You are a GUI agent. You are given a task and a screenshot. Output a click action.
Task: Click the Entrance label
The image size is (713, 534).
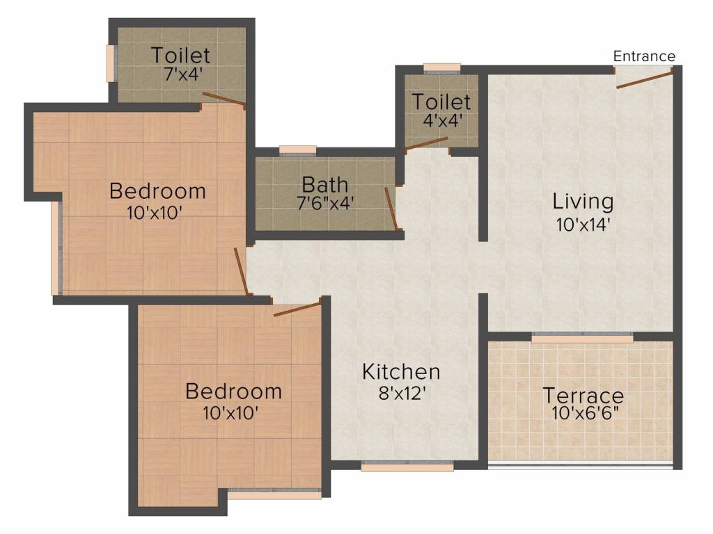point(644,56)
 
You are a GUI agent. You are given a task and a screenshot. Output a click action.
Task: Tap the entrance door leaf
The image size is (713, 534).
point(644,78)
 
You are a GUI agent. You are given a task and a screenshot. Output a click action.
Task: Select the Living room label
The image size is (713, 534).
point(583,202)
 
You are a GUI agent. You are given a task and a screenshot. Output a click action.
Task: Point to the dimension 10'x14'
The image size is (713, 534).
point(583,225)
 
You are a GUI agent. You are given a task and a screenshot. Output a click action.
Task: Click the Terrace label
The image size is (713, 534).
point(583,396)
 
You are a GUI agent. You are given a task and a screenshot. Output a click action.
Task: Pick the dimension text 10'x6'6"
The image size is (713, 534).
point(583,416)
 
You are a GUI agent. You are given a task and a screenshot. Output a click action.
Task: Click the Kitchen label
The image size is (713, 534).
point(400,371)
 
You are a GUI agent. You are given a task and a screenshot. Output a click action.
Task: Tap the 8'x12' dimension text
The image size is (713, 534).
point(400,394)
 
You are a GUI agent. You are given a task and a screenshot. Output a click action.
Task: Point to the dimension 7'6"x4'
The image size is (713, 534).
point(324,205)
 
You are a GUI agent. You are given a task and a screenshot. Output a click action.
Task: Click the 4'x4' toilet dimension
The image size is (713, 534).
point(441,120)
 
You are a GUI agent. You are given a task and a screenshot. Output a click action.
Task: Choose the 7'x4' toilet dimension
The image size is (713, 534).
point(180,73)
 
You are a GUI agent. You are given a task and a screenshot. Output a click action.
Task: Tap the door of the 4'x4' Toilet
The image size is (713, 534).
point(426,143)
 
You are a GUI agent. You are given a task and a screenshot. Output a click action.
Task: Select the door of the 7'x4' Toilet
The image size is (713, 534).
point(223,99)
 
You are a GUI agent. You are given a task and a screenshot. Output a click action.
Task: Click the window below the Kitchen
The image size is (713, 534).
point(407,467)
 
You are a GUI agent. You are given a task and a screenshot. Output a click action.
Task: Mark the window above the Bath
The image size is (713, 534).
point(297,149)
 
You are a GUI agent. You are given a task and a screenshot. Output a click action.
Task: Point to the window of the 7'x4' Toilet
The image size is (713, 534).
point(110,64)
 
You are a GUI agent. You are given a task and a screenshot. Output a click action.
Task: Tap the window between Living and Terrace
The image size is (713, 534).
point(582,338)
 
